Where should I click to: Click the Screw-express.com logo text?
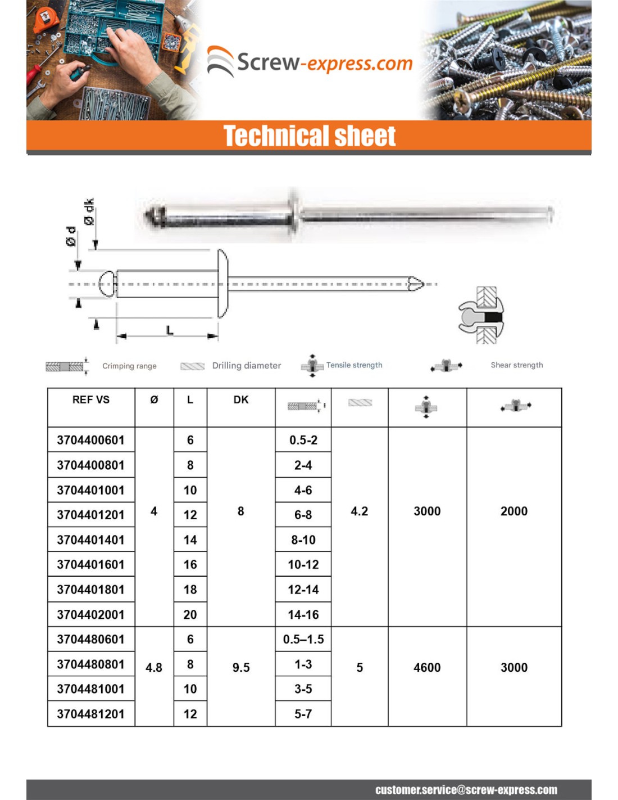click(324, 62)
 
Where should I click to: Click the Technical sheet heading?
click(310, 136)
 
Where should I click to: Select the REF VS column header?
click(91, 400)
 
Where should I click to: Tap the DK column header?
click(241, 400)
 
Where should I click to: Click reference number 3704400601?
click(90, 440)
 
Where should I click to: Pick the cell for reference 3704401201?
click(90, 515)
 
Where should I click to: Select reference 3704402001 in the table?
click(90, 614)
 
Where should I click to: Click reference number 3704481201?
click(90, 714)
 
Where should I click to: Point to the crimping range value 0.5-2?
click(303, 440)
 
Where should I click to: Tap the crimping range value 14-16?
click(303, 614)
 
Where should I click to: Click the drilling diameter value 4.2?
click(360, 511)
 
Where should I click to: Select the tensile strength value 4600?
click(427, 668)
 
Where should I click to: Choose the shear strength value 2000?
click(514, 511)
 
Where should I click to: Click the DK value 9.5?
click(241, 668)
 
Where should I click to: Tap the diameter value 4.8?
click(154, 668)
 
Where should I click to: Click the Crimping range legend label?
click(129, 366)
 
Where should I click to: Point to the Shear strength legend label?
click(517, 365)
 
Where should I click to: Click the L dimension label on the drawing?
click(170, 330)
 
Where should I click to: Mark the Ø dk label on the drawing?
click(89, 212)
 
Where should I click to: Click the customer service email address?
click(466, 790)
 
